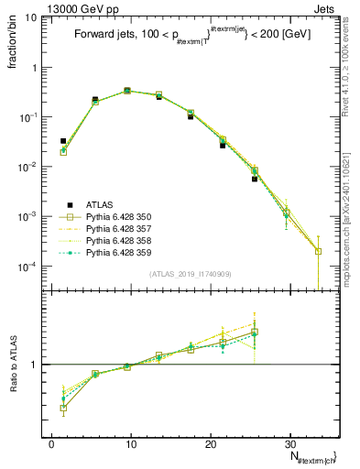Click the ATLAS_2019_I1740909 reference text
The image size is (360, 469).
pyautogui.click(x=189, y=273)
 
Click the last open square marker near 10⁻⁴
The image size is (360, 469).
pyautogui.click(x=318, y=251)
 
